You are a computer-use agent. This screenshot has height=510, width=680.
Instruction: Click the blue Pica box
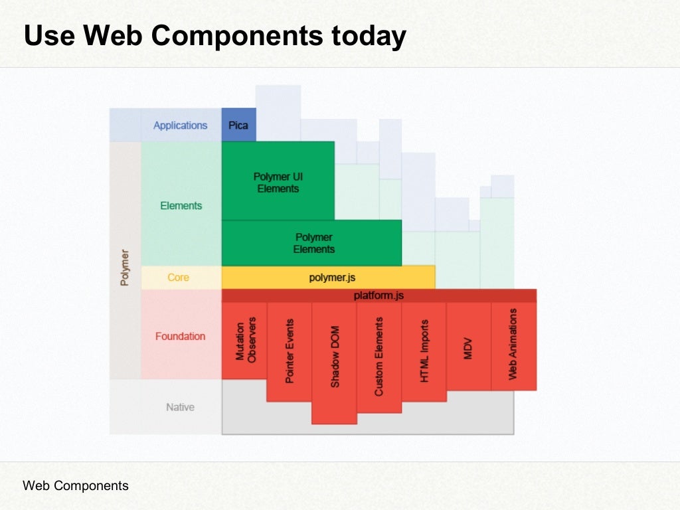[x=238, y=125]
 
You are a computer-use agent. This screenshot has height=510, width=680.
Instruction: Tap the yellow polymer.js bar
[x=328, y=278]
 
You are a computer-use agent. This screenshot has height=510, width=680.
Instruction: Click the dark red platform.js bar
[x=379, y=296]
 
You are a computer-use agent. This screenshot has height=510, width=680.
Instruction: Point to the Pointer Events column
[x=290, y=351]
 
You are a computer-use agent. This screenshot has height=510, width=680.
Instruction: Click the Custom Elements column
[x=379, y=357]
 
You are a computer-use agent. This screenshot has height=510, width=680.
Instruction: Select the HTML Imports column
[x=424, y=351]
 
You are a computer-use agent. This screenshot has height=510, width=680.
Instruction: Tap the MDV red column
[x=468, y=345]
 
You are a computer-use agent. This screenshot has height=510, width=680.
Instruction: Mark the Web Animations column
[x=513, y=344]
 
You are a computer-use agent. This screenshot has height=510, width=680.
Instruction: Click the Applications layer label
[x=181, y=126]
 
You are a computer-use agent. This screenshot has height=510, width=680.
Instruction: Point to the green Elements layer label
[x=181, y=206]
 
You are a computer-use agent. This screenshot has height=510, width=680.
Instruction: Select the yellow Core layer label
[x=178, y=278]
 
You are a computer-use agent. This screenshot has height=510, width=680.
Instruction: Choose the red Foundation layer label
[x=180, y=337]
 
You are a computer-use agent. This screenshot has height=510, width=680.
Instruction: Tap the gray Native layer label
[x=180, y=407]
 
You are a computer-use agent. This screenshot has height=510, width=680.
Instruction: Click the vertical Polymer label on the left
[x=125, y=267]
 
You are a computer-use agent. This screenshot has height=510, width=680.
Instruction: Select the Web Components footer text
[x=76, y=485]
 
